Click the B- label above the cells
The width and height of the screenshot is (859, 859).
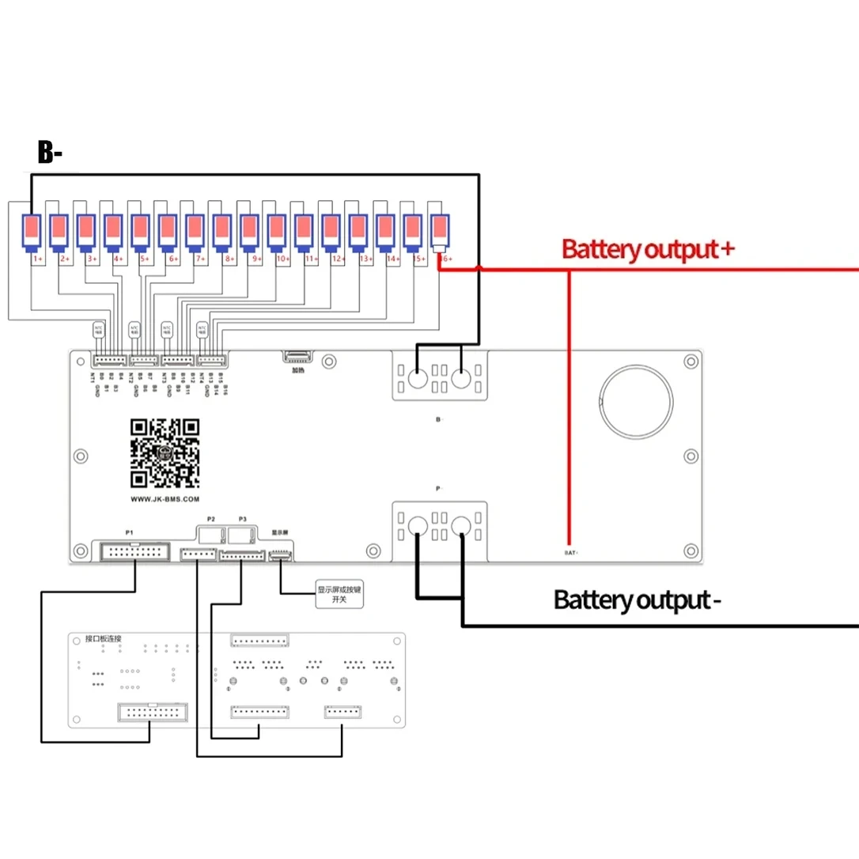point(50,153)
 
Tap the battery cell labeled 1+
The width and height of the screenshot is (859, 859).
point(32,232)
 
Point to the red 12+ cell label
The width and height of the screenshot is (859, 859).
point(339,259)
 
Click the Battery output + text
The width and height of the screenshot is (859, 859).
point(648,249)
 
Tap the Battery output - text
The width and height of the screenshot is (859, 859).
point(637,600)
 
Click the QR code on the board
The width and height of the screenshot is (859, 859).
point(165,452)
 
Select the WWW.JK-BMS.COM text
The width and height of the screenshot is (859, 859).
point(165,500)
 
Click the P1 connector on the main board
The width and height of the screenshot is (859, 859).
point(134,551)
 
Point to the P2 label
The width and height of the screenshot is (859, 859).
point(210,519)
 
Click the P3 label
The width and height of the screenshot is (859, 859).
point(242,519)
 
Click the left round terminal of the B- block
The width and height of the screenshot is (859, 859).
point(418,378)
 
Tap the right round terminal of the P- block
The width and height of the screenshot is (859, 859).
point(462,525)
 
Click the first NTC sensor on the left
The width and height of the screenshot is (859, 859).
point(99,328)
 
